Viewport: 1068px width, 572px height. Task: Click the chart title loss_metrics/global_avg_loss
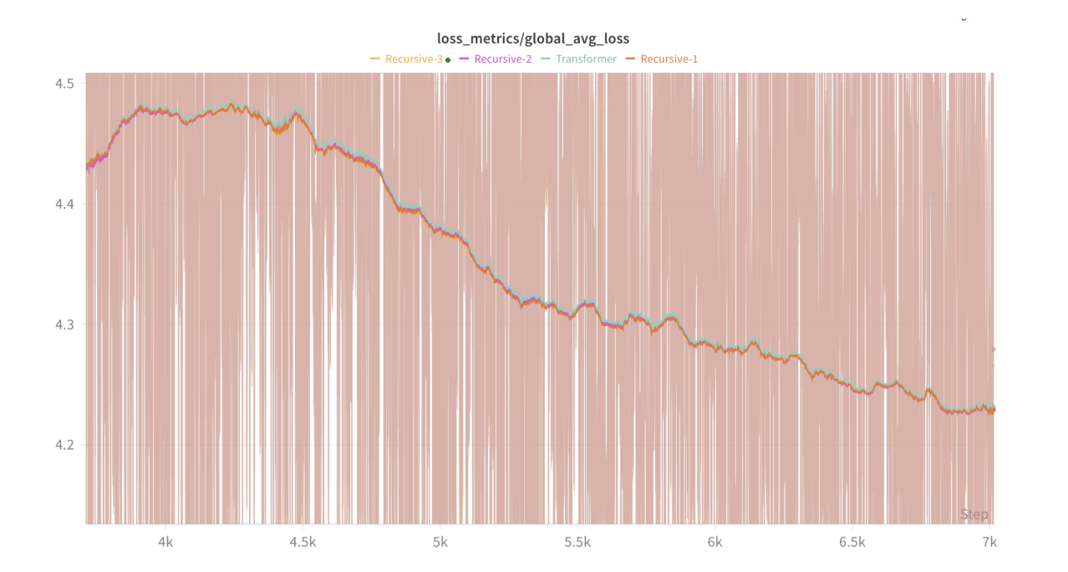533,38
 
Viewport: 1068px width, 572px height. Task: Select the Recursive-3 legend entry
414,59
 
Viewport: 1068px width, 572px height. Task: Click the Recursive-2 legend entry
502,59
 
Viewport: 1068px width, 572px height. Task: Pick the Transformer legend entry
586,59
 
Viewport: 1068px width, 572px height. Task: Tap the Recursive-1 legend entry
669,59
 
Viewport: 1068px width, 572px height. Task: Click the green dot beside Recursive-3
448,59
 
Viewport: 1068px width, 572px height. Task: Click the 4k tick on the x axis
165,543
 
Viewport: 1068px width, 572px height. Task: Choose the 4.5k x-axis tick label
303,543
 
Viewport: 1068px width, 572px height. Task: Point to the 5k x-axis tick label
440,543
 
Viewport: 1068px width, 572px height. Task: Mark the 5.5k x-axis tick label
577,543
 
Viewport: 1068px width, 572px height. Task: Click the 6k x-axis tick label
715,543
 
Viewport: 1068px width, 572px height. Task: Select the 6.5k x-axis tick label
852,543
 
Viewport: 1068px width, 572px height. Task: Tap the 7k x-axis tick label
989,543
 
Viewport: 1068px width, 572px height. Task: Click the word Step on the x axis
974,514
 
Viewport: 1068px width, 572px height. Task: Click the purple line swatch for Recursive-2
465,59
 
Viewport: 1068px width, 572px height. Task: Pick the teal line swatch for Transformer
546,59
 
